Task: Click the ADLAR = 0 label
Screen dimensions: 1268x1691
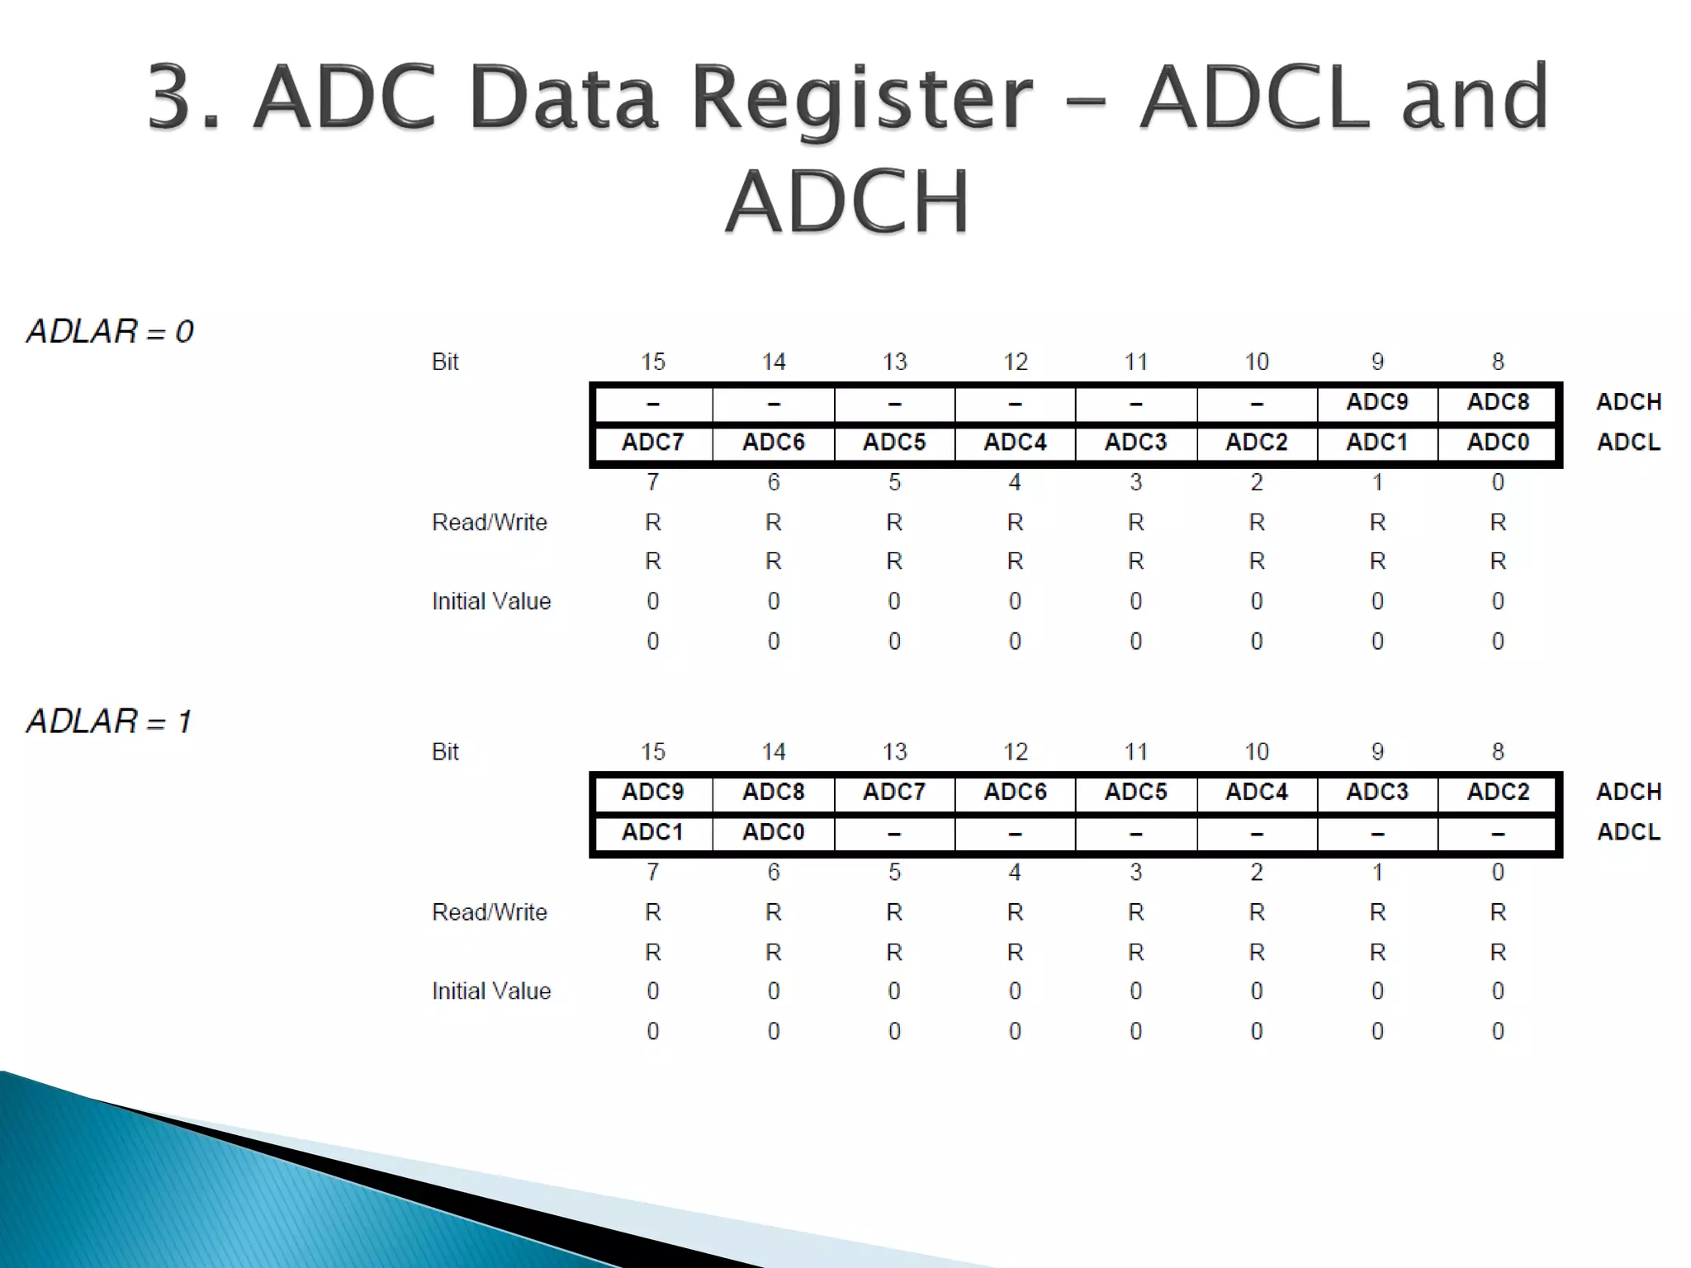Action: (110, 332)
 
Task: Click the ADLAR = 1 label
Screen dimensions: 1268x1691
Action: (109, 722)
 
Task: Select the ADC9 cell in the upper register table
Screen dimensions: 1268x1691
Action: (1376, 402)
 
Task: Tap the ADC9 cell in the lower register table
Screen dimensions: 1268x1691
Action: (652, 792)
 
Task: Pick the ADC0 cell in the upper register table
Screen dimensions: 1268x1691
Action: (1498, 442)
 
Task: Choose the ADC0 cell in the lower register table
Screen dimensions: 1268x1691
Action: (773, 832)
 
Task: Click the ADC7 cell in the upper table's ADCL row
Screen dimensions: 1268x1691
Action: (652, 442)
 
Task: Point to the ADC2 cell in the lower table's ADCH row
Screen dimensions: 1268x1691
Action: (1498, 792)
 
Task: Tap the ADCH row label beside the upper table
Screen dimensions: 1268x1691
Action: (1628, 402)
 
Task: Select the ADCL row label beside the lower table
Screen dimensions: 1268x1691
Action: (1628, 832)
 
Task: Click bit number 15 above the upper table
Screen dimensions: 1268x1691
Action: (652, 362)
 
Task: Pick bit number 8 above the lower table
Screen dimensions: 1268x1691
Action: (1498, 751)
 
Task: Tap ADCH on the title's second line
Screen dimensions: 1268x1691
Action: (847, 201)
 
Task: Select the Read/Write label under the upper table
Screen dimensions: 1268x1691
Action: (489, 523)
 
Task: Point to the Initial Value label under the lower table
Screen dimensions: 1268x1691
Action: (490, 991)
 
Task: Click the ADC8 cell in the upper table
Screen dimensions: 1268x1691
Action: (1498, 402)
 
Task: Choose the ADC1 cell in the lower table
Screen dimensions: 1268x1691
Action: (652, 832)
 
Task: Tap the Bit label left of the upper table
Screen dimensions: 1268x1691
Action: (444, 362)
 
